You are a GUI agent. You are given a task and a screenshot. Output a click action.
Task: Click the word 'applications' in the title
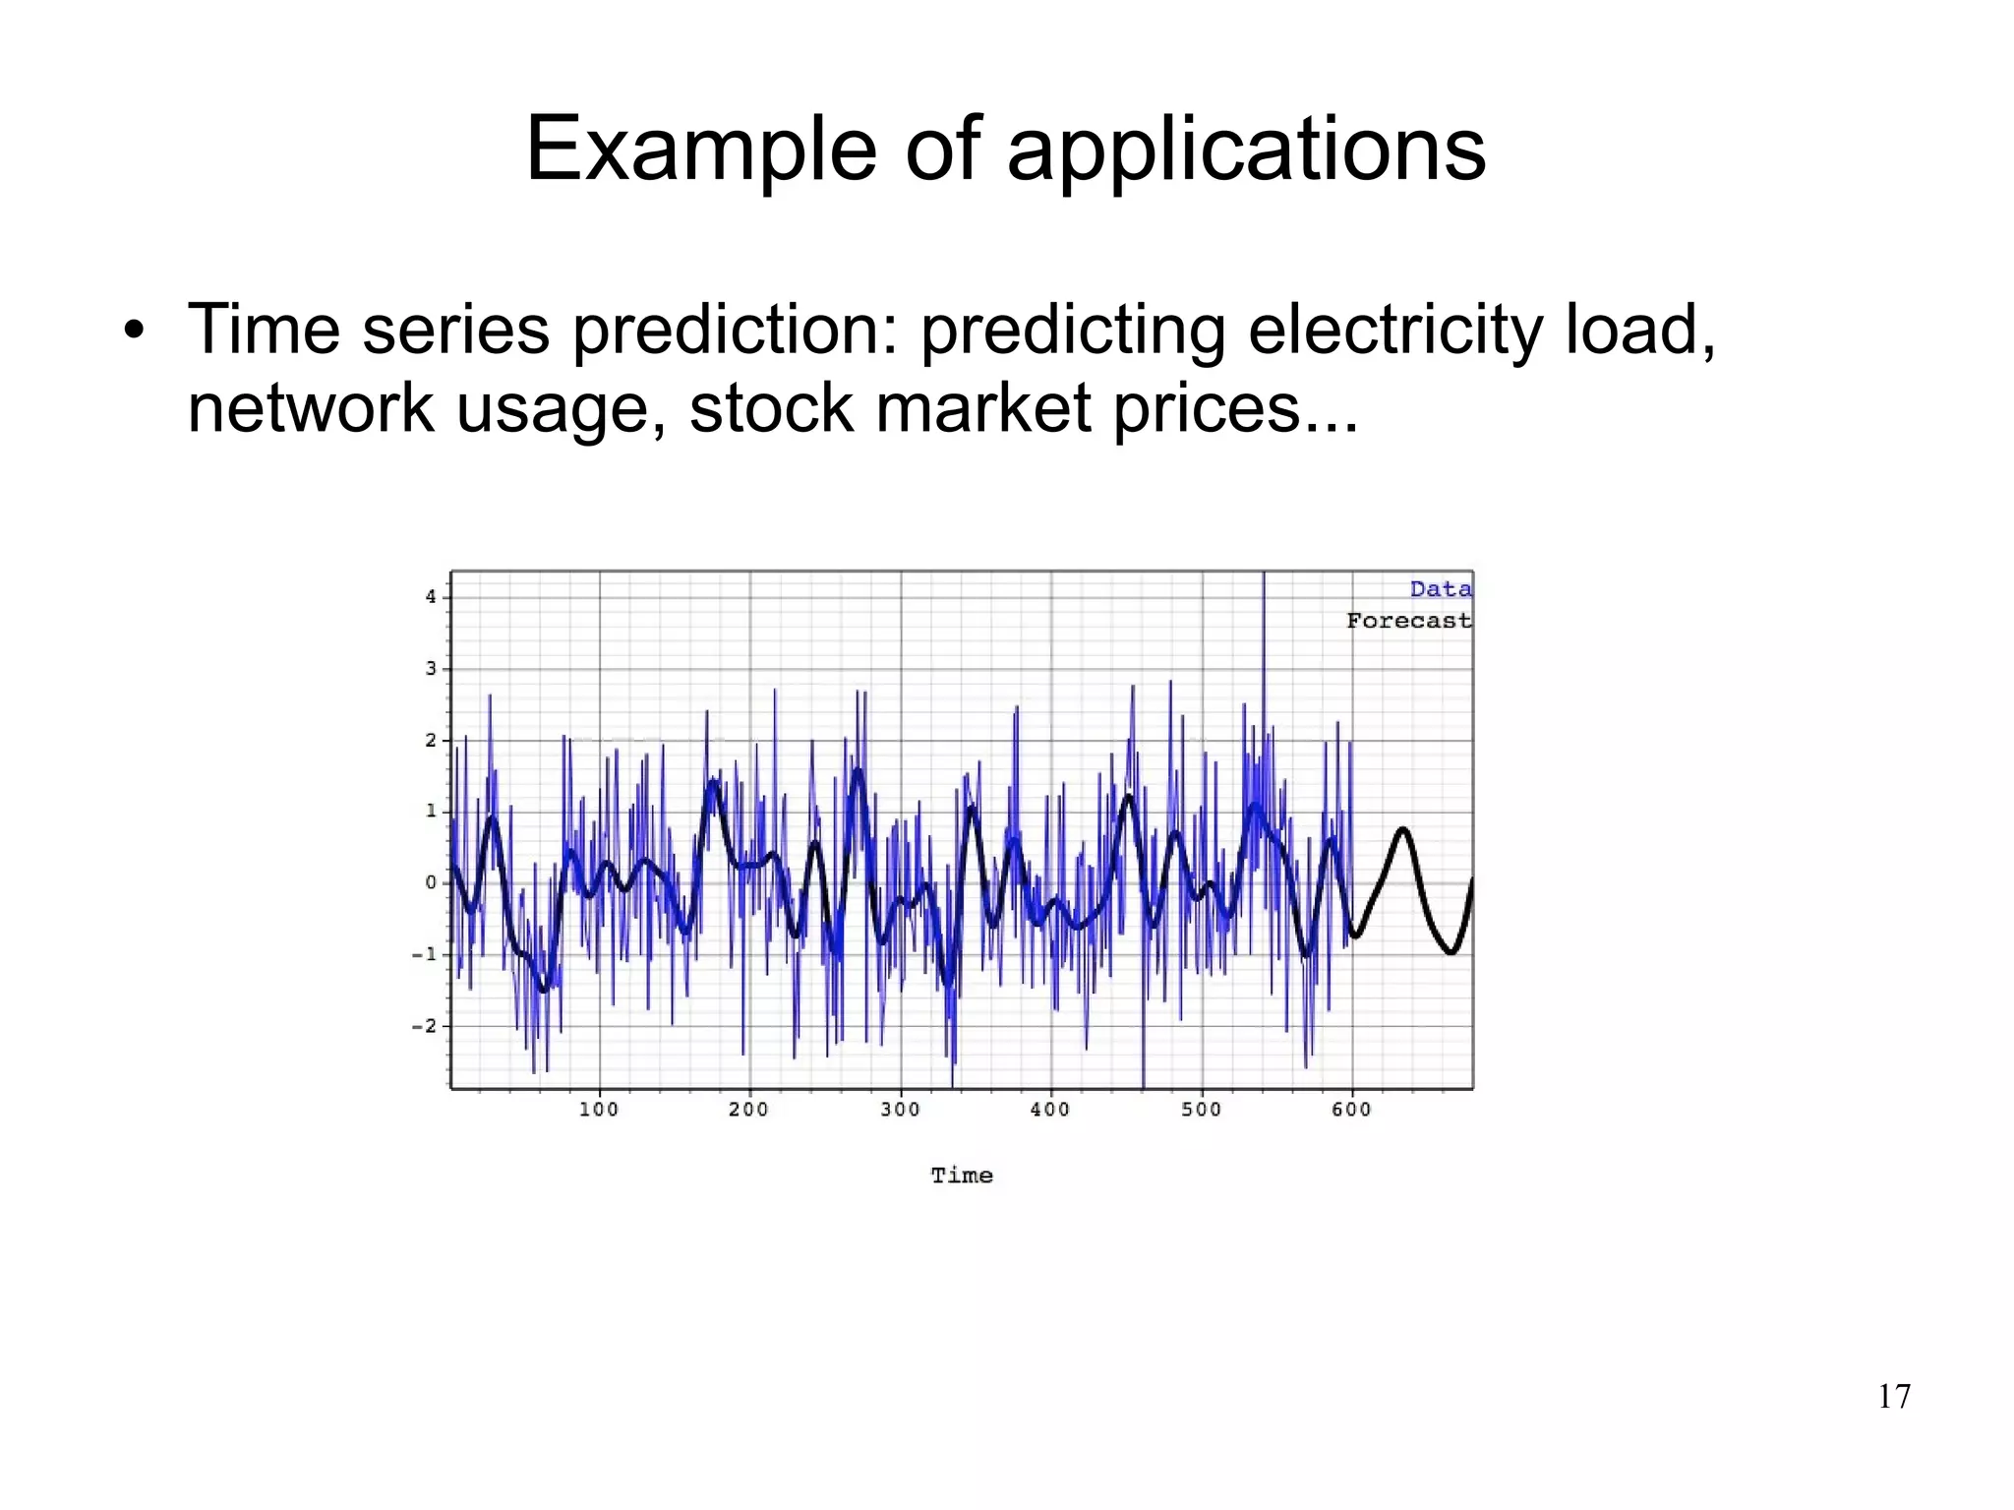[1246, 150]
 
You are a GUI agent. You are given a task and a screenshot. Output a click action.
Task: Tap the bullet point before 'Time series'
[135, 331]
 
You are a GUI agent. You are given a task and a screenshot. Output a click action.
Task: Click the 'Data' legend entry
[1440, 589]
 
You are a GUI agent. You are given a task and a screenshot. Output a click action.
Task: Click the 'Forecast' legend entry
[1408, 621]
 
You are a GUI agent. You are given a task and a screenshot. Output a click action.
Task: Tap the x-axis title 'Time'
[962, 1176]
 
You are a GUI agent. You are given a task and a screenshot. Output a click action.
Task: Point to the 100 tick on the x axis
[598, 1110]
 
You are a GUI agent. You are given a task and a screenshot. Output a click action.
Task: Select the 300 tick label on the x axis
[900, 1110]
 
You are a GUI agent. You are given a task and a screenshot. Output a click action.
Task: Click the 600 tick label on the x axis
[1351, 1110]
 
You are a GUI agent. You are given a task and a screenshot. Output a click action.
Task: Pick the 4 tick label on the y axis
[431, 597]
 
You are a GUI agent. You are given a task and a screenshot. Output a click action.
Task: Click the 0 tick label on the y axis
[431, 882]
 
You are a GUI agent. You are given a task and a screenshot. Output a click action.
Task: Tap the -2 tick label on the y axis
[424, 1026]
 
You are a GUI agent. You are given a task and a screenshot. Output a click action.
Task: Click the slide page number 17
[1894, 1397]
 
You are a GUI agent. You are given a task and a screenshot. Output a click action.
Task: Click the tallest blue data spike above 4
[1264, 580]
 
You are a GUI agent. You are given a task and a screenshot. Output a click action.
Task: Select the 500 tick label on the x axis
[1201, 1110]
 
